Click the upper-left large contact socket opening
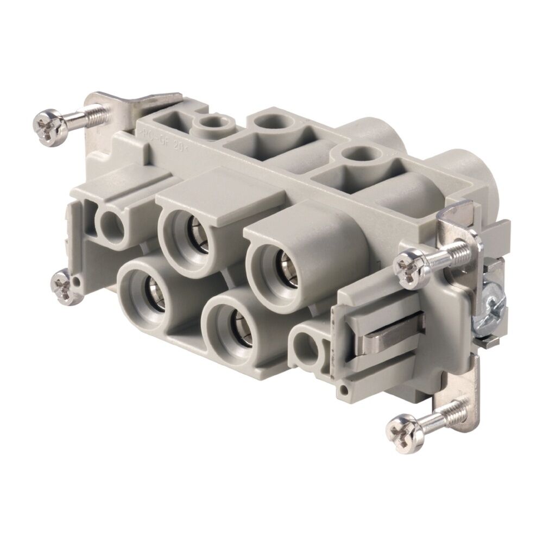pos(184,231)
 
